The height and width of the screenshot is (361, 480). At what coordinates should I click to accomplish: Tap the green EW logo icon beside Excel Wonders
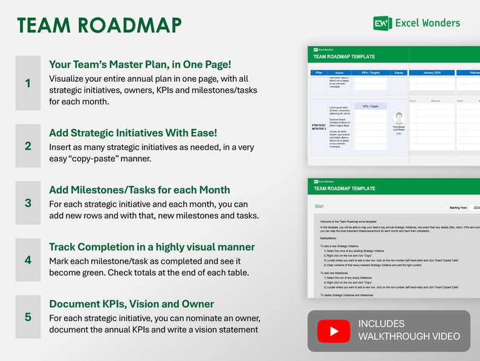[382, 24]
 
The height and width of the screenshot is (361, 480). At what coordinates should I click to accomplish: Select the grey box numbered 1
[28, 83]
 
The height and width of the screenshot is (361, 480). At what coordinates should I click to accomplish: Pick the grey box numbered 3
[28, 203]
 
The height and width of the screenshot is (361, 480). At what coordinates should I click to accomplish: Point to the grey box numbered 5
[28, 317]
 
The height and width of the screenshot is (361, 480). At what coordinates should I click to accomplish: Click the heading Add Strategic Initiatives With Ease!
[132, 133]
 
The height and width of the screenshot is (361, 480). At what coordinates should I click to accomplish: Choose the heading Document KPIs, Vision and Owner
[131, 303]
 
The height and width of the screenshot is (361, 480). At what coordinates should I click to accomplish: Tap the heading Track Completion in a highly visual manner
[152, 247]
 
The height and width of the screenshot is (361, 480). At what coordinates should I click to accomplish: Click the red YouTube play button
[334, 331]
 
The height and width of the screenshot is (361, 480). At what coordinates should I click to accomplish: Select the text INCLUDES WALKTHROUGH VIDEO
[409, 330]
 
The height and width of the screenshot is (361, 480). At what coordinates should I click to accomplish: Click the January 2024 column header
[432, 73]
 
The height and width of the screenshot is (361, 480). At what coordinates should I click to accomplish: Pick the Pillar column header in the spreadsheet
[319, 73]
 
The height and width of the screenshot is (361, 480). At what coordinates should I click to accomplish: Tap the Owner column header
[398, 73]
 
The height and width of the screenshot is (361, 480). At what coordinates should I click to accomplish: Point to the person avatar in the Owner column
[398, 118]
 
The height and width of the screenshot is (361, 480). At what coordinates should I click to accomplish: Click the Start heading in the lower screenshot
[319, 207]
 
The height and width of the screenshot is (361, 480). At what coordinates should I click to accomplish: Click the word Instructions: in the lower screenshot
[328, 238]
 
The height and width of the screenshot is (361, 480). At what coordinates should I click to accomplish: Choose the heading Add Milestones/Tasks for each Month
[139, 190]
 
